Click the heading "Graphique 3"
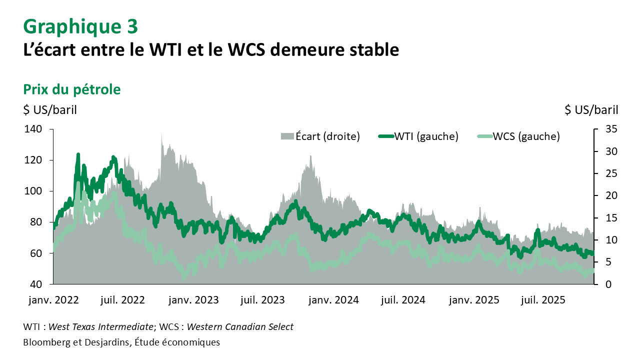(x=80, y=26)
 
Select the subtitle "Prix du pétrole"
(x=72, y=89)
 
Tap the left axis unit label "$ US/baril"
(x=50, y=110)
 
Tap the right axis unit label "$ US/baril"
(x=591, y=110)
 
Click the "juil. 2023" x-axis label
(x=263, y=300)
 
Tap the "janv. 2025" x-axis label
(x=474, y=300)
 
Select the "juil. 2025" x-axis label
(x=543, y=300)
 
